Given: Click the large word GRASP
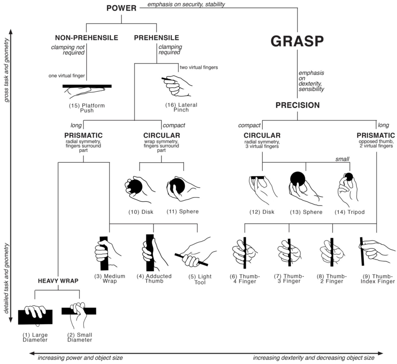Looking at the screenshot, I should point(297,41).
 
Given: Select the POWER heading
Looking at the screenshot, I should point(121,8).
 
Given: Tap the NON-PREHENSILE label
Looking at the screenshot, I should point(86,38).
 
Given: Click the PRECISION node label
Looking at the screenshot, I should point(298,105).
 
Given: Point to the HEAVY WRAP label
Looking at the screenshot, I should point(58,281).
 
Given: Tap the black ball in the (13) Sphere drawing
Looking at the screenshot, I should point(298,179).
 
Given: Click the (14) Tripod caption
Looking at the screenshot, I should point(349,212).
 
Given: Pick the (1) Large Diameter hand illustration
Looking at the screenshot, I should point(35,315).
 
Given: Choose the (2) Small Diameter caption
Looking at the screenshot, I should point(80,337).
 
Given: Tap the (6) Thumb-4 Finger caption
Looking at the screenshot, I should point(245,279).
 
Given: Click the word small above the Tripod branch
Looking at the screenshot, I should point(342,159).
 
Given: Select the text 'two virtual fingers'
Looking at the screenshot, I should point(199,68).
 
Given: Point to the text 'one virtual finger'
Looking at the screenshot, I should point(67,76).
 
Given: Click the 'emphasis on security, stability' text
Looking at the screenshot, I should point(186,4).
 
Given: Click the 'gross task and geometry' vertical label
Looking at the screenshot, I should point(7,70).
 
